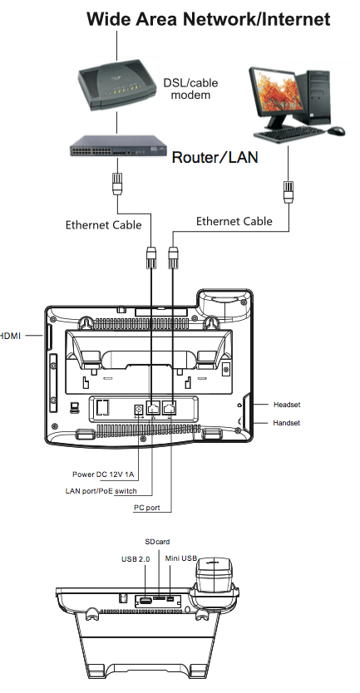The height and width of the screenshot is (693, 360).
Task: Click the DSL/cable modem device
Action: point(117,86)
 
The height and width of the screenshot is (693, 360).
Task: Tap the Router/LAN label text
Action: point(215,157)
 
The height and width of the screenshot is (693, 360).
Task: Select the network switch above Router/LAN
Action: point(118,146)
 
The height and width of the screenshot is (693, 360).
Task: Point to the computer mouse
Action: point(336,130)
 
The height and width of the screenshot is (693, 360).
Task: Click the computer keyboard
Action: point(291,133)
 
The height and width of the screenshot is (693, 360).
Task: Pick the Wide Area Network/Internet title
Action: point(209,19)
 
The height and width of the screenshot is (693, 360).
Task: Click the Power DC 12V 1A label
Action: point(103,474)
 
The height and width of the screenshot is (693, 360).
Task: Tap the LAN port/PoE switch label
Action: point(101,490)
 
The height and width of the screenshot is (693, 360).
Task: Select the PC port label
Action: point(147,508)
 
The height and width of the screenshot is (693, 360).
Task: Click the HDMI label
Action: point(10,336)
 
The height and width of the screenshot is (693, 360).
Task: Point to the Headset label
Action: point(287,405)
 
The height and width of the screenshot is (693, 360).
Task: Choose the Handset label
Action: point(286,422)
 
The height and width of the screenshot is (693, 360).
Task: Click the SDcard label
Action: point(157,542)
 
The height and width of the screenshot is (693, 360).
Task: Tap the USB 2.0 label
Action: point(136,559)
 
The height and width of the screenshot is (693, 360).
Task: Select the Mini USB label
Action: point(181,558)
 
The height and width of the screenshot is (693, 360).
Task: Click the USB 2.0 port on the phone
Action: point(145,601)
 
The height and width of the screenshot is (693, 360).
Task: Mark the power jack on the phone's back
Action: point(138,409)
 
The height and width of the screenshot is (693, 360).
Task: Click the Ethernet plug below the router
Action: point(117,182)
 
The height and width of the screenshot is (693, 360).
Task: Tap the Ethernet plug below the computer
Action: point(288,191)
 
